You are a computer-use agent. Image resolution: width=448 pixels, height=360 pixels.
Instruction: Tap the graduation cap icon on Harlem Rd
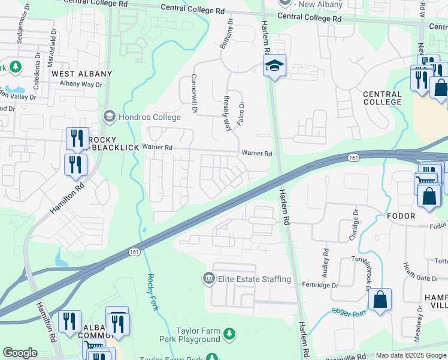pos(275,65)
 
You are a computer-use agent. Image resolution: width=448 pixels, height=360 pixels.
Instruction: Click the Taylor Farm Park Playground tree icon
pos(228,333)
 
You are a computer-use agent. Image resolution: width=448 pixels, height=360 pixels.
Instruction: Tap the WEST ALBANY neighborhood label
pos(81,74)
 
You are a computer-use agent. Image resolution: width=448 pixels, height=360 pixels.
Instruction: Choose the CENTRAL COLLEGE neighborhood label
pos(382,98)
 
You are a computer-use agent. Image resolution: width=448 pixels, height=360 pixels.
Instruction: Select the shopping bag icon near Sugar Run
pos(380,299)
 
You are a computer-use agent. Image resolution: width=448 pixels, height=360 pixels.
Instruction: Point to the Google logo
pos(20,353)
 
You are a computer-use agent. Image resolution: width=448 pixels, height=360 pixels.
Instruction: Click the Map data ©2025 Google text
pos(411,355)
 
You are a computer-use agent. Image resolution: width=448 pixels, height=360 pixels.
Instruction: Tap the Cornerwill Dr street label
pos(194,93)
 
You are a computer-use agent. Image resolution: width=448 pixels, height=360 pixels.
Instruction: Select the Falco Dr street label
pos(242,113)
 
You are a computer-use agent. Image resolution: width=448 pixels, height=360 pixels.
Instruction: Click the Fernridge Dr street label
pos(320,284)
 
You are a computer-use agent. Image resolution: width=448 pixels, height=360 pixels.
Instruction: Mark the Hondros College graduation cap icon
pos(109,115)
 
